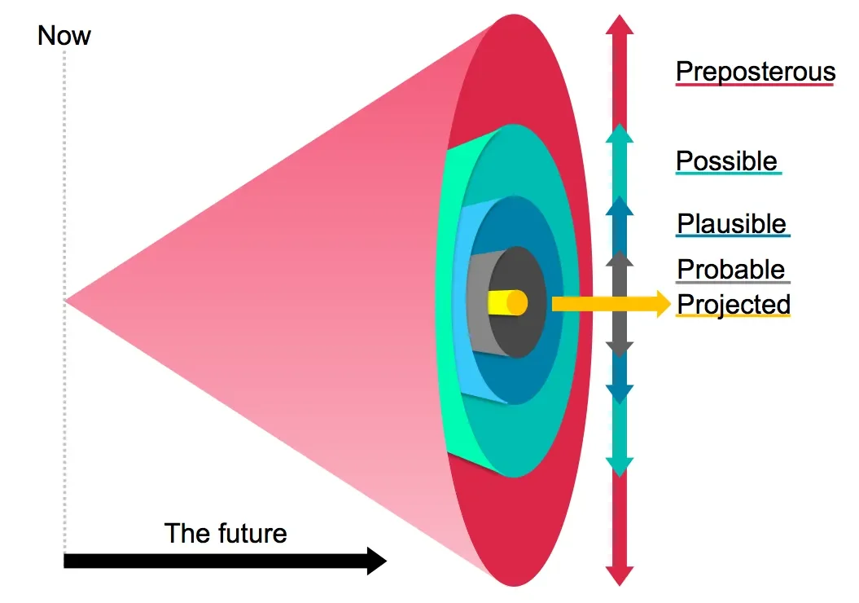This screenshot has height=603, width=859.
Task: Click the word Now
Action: [x=64, y=37]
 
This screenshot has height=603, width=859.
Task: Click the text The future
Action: [x=226, y=533]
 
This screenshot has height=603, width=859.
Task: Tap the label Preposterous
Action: [x=755, y=72]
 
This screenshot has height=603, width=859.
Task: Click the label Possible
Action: [x=726, y=161]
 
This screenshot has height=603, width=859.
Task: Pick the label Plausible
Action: [x=731, y=223]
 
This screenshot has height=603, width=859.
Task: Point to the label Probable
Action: [x=730, y=269]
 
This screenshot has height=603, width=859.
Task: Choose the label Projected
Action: [x=733, y=304]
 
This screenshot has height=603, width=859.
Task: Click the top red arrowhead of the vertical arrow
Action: [x=620, y=24]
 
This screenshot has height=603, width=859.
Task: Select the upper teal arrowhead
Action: [x=620, y=134]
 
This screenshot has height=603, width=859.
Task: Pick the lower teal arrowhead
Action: [x=620, y=465]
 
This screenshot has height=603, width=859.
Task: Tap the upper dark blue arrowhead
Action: [x=620, y=205]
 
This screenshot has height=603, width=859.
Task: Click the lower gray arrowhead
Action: [x=620, y=348]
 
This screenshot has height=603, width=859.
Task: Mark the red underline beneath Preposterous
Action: [x=755, y=85]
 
